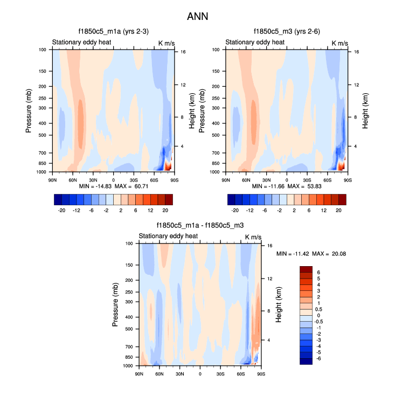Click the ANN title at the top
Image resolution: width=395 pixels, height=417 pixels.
197,17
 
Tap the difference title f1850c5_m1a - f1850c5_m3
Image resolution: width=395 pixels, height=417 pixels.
200,226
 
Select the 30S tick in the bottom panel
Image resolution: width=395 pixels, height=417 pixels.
220,374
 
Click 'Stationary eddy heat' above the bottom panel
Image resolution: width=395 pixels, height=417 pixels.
168,236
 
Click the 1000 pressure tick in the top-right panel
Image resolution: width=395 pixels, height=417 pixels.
215,172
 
